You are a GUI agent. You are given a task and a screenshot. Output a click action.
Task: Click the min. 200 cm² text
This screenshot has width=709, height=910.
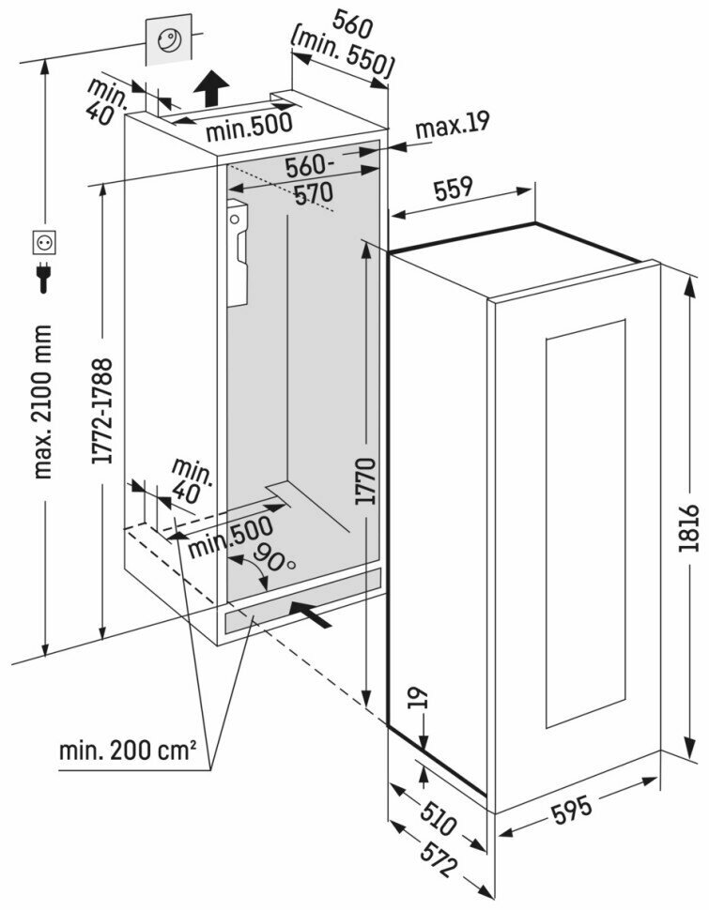pyautogui.click(x=128, y=751)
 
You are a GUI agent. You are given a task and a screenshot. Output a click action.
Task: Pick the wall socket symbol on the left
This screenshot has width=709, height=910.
pyautogui.click(x=43, y=242)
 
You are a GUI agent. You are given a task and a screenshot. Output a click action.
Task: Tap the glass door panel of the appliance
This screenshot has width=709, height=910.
pyautogui.click(x=584, y=525)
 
